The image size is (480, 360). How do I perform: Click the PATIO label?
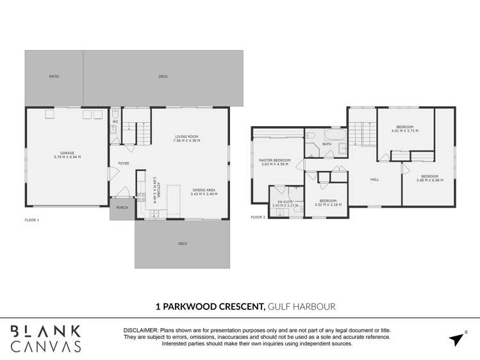tap(54, 77)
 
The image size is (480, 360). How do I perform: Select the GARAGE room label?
tap(67, 153)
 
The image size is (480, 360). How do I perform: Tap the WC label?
tap(115, 121)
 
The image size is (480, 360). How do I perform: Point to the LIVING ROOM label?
tap(187, 136)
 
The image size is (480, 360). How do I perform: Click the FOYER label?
tap(124, 163)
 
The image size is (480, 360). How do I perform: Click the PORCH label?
tap(122, 208)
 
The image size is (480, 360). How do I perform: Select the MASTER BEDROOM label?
tap(274, 160)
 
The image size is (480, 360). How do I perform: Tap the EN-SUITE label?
tap(283, 202)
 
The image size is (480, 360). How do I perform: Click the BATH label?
tap(327, 144)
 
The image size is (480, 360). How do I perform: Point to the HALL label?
tap(374, 179)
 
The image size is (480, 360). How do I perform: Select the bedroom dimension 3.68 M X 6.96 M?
tap(429, 180)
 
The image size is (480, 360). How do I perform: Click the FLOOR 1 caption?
tap(32, 220)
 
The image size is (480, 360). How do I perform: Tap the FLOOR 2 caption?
tap(258, 217)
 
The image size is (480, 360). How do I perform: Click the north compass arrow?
tap(457, 339)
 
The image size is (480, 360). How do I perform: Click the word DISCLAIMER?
tap(141, 331)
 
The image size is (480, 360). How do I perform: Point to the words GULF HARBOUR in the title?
tap(301, 307)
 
